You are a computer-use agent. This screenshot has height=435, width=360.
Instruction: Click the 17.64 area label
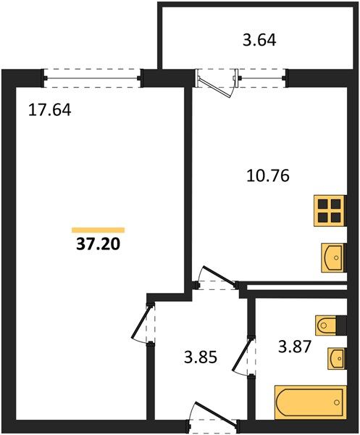coord(50,109)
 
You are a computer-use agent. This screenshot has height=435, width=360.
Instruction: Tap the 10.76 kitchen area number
coord(268,175)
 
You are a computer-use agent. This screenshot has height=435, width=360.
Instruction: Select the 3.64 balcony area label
coord(259,40)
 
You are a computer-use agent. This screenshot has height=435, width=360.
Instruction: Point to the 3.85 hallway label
coord(201,357)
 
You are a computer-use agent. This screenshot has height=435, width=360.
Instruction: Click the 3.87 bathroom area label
coord(295,347)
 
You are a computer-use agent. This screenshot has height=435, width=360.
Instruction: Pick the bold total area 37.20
coord(98,244)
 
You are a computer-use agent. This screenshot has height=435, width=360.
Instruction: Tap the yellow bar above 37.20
coord(98,230)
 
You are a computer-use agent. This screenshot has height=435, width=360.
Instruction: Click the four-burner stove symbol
coord(330,211)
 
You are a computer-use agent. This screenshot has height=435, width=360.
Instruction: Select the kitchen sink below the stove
coord(334,257)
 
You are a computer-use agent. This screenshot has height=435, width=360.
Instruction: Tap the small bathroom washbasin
coord(337,358)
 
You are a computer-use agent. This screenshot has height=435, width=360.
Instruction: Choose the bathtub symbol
coord(311,402)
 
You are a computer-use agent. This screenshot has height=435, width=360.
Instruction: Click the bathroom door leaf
coord(242,356)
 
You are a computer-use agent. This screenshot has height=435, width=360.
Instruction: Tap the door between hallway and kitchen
coord(219,275)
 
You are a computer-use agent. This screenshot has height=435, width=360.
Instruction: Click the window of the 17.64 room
coord(92,78)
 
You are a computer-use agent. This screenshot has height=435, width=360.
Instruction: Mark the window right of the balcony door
coord(262,78)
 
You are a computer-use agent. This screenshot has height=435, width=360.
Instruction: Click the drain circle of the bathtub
coord(337,402)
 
